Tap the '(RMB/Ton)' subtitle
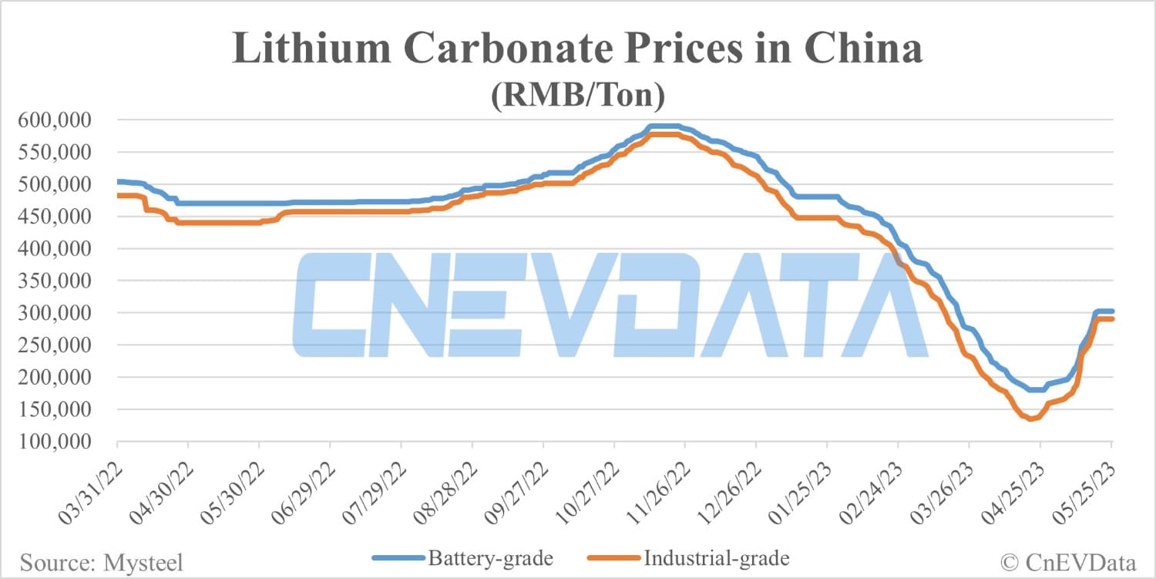click(578, 96)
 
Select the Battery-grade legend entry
click(462, 557)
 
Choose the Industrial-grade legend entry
click(687, 557)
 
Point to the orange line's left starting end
click(118, 196)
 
